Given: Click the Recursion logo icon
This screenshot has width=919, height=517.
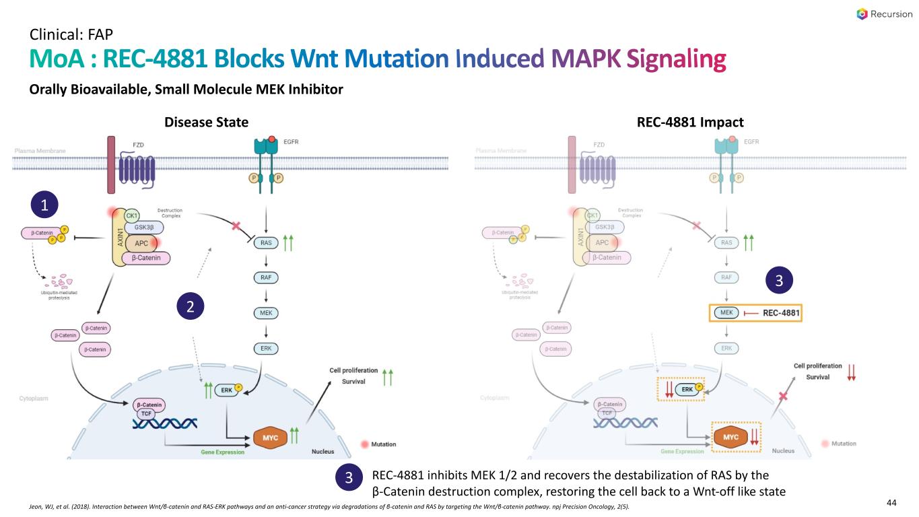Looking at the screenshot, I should pos(862,14).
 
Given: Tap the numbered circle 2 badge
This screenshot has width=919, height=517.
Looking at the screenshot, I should pos(191,307).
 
